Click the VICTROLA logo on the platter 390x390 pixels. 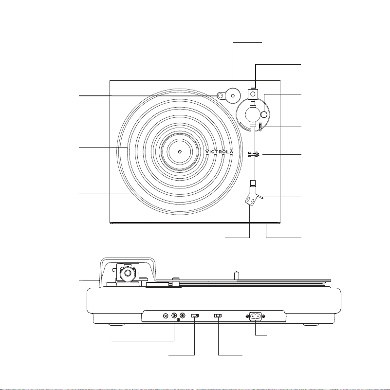pyautogui.click(x=220, y=152)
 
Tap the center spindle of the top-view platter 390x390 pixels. pyautogui.click(x=180, y=151)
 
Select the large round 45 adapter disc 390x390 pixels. pyautogui.click(x=233, y=95)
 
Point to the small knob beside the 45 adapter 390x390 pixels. pyautogui.click(x=221, y=95)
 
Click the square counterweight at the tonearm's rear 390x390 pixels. pyautogui.click(x=253, y=94)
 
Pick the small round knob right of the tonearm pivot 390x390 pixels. pyautogui.click(x=264, y=114)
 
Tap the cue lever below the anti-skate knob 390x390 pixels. pyautogui.click(x=260, y=127)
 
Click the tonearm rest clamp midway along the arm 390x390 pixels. pyautogui.click(x=253, y=155)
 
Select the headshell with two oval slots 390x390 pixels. pyautogui.click(x=251, y=197)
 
